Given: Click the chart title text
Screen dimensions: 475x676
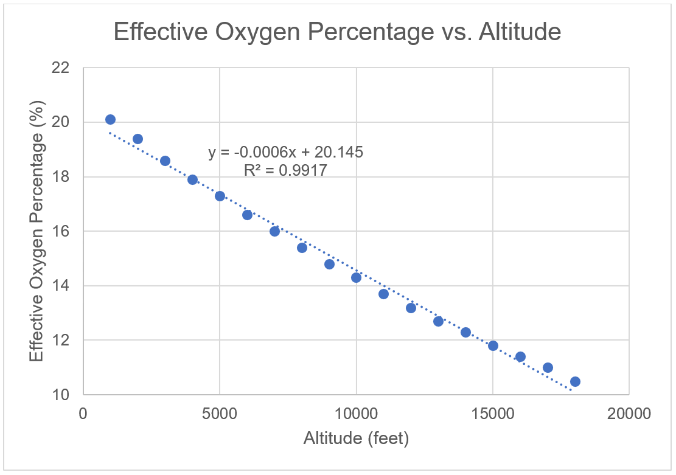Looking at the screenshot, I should [x=337, y=32].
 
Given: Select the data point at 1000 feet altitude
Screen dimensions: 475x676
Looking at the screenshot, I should [x=110, y=120].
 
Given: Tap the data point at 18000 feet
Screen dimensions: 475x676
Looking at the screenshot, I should [x=575, y=382].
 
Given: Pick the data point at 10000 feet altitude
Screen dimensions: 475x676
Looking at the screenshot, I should [x=356, y=278].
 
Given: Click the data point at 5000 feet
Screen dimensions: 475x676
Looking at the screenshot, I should [x=220, y=196].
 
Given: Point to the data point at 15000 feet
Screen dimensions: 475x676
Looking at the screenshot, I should [x=493, y=346].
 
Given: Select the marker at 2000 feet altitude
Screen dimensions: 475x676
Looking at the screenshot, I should [x=138, y=139].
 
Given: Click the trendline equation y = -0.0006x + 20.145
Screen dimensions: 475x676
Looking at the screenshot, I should [x=285, y=152].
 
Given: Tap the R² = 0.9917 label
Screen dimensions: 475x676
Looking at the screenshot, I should [x=285, y=171].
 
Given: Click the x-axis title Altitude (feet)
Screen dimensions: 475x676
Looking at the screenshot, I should [x=356, y=438].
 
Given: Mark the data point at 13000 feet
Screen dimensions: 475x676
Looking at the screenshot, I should [x=438, y=321].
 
